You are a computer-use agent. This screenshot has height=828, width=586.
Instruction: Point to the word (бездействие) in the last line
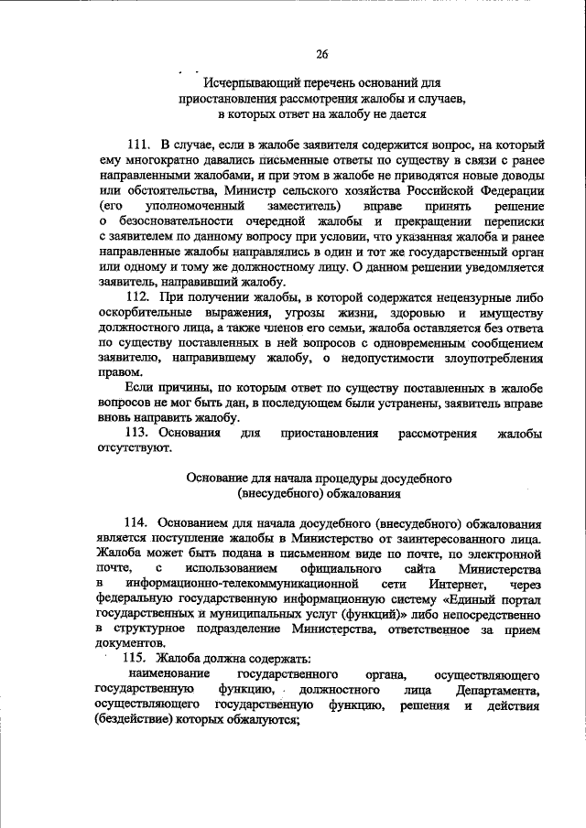click(x=137, y=719)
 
